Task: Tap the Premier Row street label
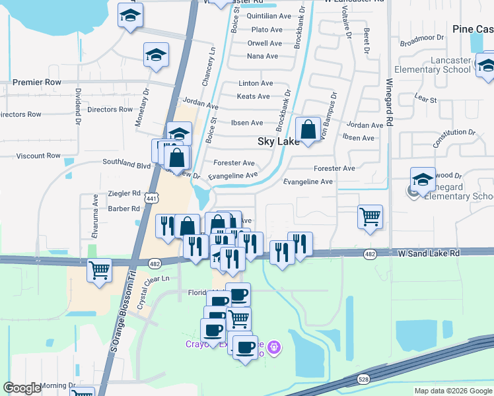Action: (x=37, y=82)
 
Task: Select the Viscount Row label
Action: (x=38, y=156)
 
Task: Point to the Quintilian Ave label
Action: (x=269, y=16)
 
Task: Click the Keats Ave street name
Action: (x=253, y=96)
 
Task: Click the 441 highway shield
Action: (x=153, y=198)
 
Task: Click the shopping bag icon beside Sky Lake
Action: (x=308, y=130)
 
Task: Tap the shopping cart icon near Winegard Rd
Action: (x=370, y=217)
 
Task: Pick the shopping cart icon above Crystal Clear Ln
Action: (x=99, y=271)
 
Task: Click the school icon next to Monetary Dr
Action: (x=156, y=55)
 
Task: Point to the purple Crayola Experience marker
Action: (x=275, y=346)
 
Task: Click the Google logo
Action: (x=22, y=388)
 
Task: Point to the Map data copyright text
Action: (x=453, y=391)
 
